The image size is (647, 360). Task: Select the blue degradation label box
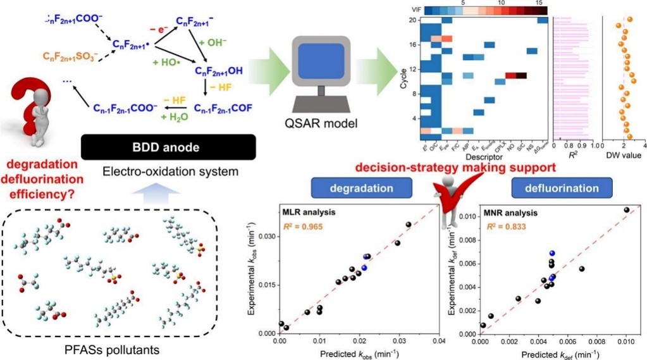pyautogui.click(x=361, y=188)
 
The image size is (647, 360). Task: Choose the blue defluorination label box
pyautogui.click(x=561, y=188)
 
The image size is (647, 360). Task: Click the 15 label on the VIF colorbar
pyautogui.click(x=539, y=4)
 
